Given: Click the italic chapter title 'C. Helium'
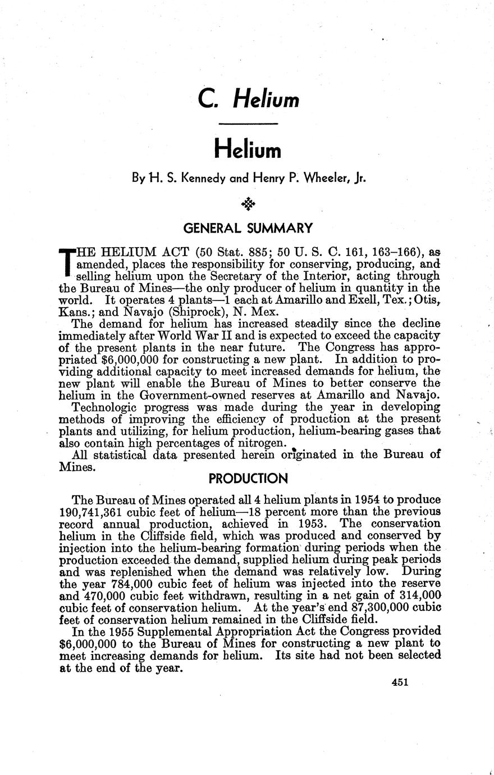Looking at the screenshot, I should (248, 99).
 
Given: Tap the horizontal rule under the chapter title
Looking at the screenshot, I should (248, 124).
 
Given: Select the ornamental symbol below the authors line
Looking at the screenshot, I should (248, 203).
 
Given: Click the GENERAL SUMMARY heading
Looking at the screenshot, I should (248, 228).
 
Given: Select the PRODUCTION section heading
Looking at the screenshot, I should (248, 478).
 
